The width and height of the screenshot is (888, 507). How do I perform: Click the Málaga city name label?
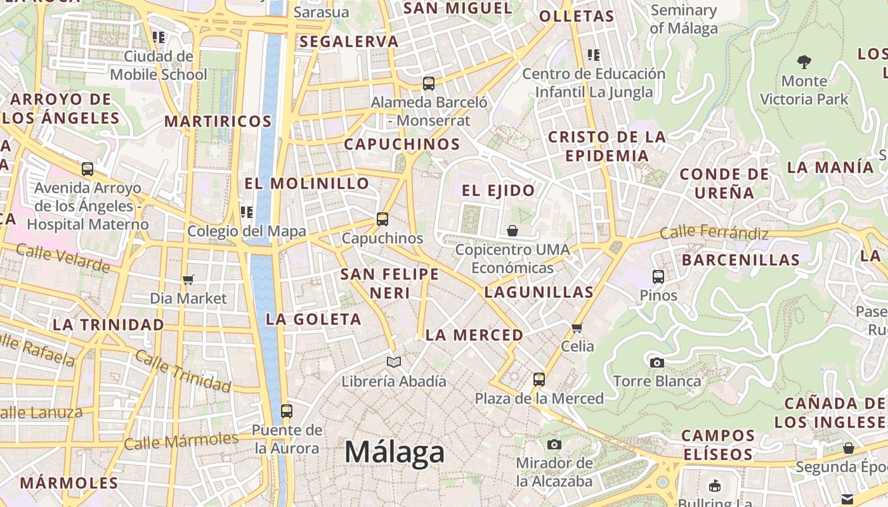[395, 452]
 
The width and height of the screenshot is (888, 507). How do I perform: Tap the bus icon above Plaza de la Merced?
[539, 380]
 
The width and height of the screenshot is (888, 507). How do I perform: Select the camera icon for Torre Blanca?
[656, 363]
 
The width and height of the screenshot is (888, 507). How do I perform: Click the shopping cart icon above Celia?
[577, 328]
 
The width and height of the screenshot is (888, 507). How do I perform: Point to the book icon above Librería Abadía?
[394, 363]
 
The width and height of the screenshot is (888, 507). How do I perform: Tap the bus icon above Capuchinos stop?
[382, 219]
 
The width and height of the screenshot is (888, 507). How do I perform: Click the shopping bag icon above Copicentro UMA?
[512, 231]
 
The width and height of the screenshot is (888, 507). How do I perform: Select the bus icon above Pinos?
[658, 277]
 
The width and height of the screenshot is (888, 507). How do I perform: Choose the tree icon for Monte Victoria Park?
[804, 62]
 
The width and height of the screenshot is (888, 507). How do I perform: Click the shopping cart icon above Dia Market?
[188, 279]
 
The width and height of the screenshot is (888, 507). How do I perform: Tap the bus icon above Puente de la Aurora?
[286, 411]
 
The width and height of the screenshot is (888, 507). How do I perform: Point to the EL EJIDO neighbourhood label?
[498, 190]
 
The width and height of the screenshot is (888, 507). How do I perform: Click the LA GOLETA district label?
[313, 319]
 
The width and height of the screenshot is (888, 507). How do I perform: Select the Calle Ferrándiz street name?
[714, 233]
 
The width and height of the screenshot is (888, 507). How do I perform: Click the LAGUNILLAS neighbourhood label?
[539, 292]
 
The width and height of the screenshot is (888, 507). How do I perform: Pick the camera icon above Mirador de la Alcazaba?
[554, 444]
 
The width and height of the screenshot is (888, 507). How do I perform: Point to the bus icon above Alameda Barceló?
[429, 83]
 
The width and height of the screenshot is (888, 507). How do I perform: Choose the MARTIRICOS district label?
[218, 121]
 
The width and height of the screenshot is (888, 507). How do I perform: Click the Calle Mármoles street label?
[181, 440]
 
